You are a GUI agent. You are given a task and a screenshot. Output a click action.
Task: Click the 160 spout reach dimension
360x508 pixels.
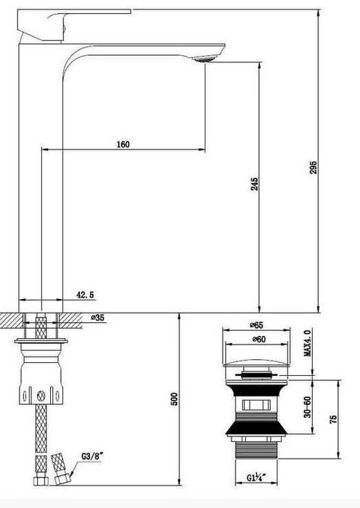123,144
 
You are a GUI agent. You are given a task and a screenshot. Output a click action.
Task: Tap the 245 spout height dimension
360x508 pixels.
255,184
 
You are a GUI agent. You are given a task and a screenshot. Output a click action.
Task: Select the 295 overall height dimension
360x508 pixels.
314,167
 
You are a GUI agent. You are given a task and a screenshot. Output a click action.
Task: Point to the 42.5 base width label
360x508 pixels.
85,295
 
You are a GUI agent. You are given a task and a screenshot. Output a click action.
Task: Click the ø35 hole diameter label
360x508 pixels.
97,318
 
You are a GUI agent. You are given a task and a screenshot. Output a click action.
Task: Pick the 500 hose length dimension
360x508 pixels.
174,399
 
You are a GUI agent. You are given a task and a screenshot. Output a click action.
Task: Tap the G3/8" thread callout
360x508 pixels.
91,456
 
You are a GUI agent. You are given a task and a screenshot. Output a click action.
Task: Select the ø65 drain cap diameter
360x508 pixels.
256,325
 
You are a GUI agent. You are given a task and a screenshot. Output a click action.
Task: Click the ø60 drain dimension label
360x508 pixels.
258,339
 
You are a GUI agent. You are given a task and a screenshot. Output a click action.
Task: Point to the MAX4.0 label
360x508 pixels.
307,342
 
